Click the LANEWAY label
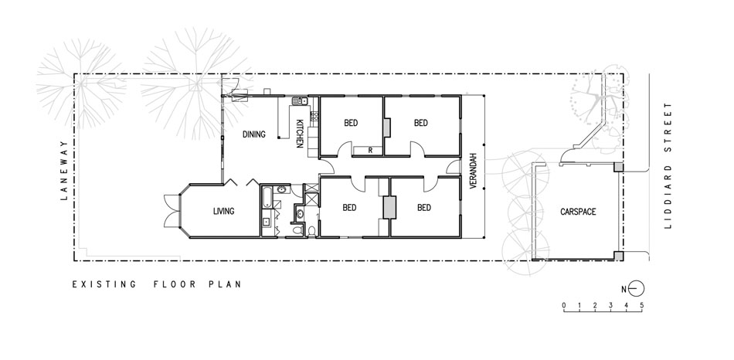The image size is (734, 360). pyautogui.click(x=65, y=171)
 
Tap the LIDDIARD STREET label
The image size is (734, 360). pyautogui.click(x=668, y=166)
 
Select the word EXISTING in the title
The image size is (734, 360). pyautogui.click(x=104, y=284)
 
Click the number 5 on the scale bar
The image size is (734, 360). pyautogui.click(x=642, y=306)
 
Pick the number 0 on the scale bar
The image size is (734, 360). pyautogui.click(x=563, y=306)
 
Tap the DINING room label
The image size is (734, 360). pyautogui.click(x=253, y=134)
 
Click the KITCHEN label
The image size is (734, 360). pyautogui.click(x=300, y=134)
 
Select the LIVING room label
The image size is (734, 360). pyautogui.click(x=223, y=211)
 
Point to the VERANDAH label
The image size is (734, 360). pyautogui.click(x=473, y=171)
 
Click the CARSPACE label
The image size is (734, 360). pyautogui.click(x=578, y=212)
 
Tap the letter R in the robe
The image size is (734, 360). pyautogui.click(x=370, y=151)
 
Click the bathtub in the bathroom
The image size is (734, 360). pyautogui.click(x=266, y=197)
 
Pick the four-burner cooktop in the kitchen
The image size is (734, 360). pyautogui.click(x=314, y=116)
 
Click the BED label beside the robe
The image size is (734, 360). pyautogui.click(x=351, y=123)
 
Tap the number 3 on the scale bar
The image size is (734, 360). pyautogui.click(x=610, y=306)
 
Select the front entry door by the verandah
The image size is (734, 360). pyautogui.click(x=454, y=167)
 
